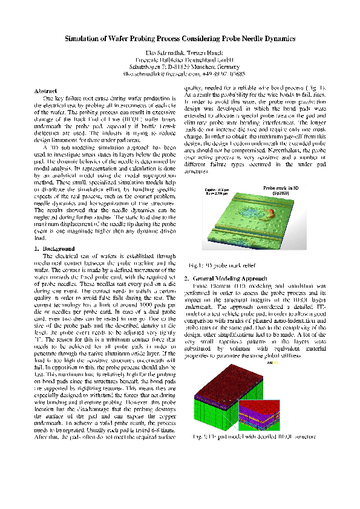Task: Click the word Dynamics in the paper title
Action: pyautogui.click(x=276, y=38)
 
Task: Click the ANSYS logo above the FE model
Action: pyautogui.click(x=270, y=363)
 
